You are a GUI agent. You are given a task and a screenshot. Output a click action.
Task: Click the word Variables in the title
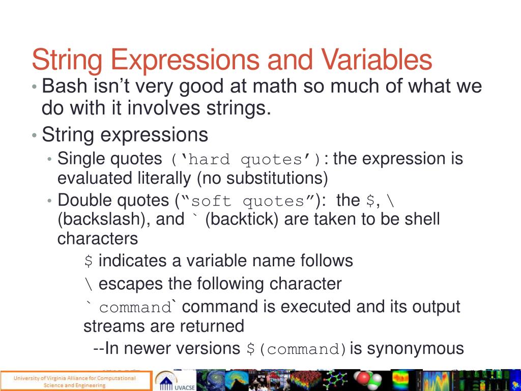376,60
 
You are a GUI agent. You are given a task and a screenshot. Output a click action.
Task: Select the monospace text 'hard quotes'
245,160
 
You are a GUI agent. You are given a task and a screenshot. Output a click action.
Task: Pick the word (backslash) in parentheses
96,219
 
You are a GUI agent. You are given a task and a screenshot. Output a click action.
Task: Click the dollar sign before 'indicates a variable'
89,261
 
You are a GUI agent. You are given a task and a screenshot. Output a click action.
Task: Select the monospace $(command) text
296,349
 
